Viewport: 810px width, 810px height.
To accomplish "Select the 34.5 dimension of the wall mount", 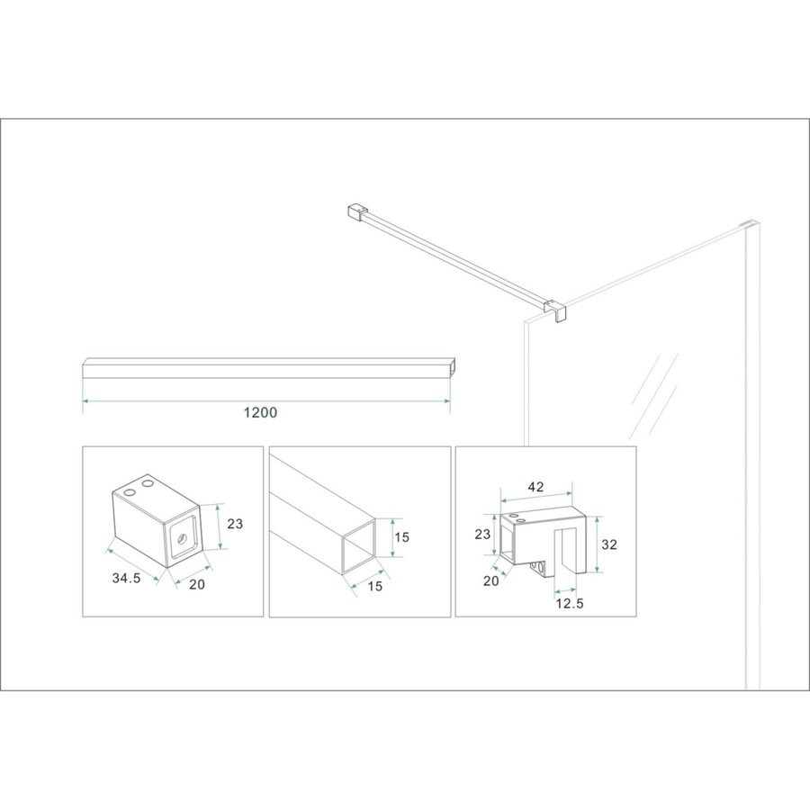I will [x=127, y=579].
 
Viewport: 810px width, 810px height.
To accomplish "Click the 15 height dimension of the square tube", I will [x=401, y=537].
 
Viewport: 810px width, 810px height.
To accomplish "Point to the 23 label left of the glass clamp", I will [x=482, y=533].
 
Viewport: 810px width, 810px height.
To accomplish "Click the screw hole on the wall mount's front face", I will [x=183, y=540].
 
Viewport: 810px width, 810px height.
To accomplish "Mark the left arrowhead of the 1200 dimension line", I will [x=85, y=399].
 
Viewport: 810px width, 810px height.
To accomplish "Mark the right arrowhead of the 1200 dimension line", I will [x=446, y=399].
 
